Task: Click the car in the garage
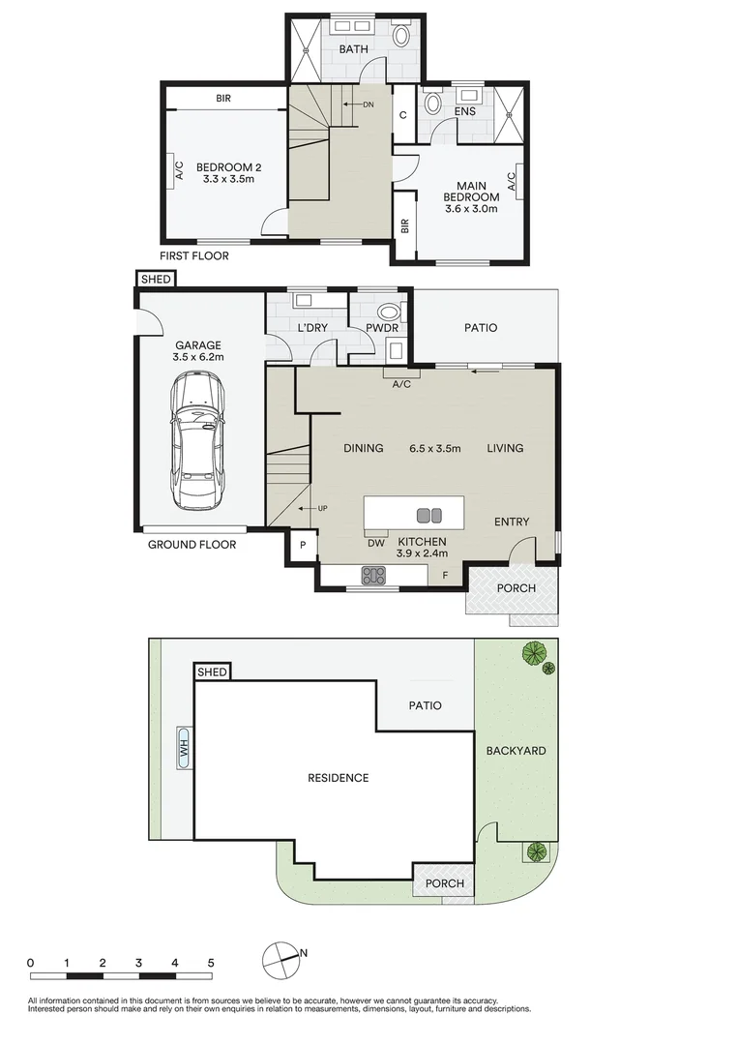199,442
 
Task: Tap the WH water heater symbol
183,747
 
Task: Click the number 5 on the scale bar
211,963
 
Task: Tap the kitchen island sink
428,515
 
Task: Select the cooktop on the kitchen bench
373,576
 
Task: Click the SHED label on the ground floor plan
156,280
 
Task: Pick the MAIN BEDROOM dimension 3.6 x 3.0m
471,208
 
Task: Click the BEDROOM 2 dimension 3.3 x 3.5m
228,179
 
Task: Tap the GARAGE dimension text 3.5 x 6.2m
198,357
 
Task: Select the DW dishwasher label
376,543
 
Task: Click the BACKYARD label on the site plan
516,751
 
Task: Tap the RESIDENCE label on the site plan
338,778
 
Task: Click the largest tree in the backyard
533,653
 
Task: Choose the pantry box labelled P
302,546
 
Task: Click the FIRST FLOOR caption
194,255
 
